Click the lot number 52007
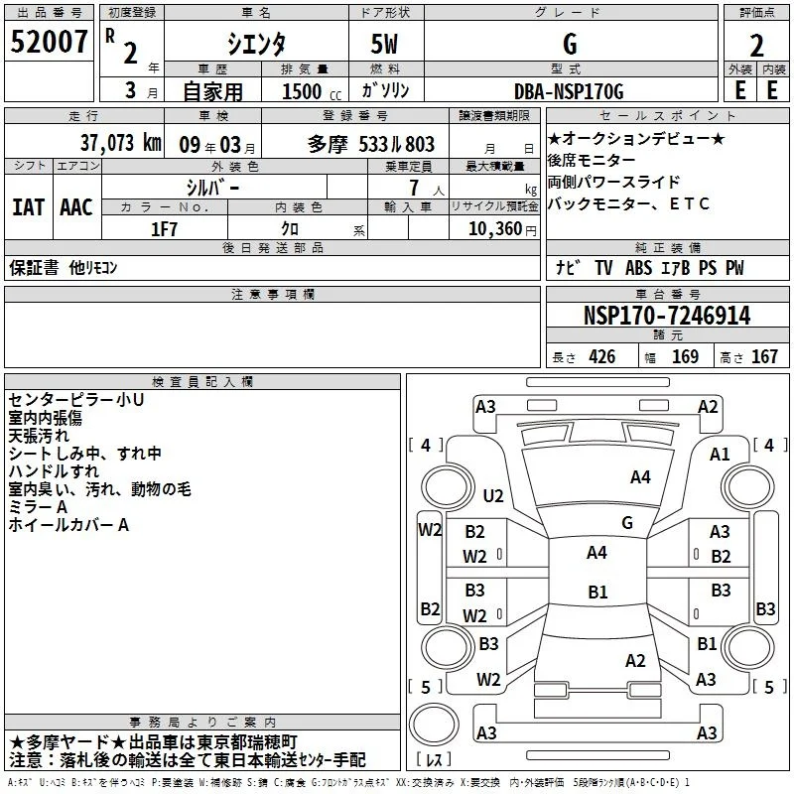(49, 42)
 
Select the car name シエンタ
(256, 44)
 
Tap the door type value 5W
(384, 44)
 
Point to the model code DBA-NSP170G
(569, 91)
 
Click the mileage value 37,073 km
(121, 143)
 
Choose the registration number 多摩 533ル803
(371, 145)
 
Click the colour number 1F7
(164, 229)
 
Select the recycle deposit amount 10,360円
(502, 229)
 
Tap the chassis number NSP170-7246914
(667, 316)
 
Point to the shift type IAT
(29, 207)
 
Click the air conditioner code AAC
(76, 207)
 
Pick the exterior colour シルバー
(212, 189)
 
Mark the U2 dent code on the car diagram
(492, 495)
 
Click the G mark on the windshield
(627, 523)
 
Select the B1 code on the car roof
(597, 592)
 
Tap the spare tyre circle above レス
(434, 724)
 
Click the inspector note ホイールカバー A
(68, 525)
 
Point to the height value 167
(764, 356)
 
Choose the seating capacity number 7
(414, 188)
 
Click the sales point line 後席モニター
(591, 160)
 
